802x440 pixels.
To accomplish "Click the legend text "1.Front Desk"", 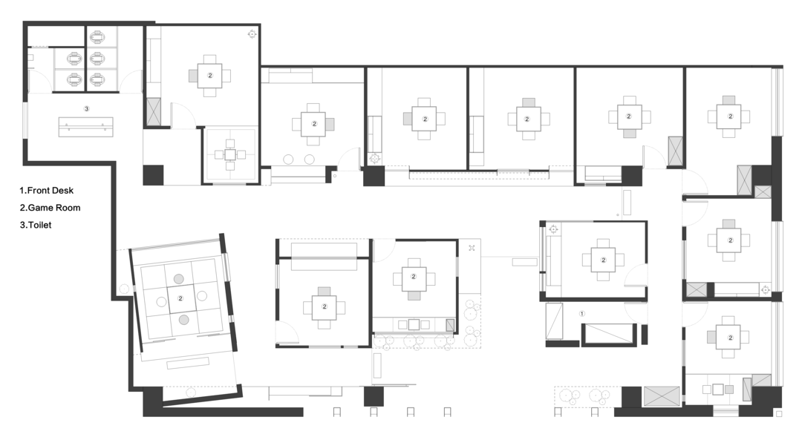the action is pyautogui.click(x=47, y=191).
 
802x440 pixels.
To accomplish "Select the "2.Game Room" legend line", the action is pyautogui.click(x=50, y=208).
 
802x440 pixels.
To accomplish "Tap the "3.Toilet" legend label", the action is pyautogui.click(x=36, y=226).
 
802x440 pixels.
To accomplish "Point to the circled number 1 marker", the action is pyautogui.click(x=581, y=313).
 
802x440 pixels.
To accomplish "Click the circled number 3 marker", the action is pyautogui.click(x=86, y=108).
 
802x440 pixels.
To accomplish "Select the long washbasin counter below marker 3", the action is pyautogui.click(x=85, y=126).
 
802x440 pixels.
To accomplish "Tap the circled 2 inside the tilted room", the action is pyautogui.click(x=180, y=298).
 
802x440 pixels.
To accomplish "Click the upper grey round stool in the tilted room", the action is pyautogui.click(x=178, y=279).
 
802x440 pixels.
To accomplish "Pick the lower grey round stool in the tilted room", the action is pyautogui.click(x=183, y=320).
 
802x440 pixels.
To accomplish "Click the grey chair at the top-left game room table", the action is pyautogui.click(x=193, y=76).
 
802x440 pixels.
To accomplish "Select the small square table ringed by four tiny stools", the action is pyautogui.click(x=230, y=154).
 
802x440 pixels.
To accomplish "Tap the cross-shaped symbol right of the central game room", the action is pyautogui.click(x=472, y=248).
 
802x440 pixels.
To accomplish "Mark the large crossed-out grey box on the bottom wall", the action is pyautogui.click(x=662, y=396).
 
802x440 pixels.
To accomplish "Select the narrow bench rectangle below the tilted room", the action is pyautogui.click(x=188, y=364).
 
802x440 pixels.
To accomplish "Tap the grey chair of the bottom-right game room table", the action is pyautogui.click(x=711, y=338).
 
